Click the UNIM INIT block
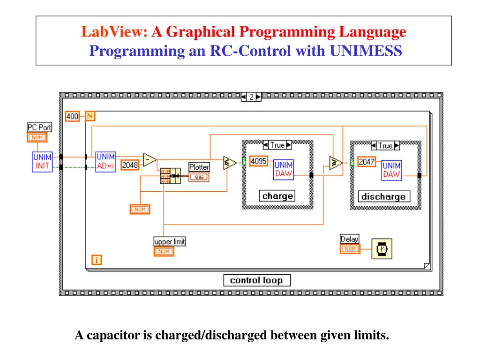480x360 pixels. pyautogui.click(x=42, y=162)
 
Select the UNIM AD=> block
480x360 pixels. pyautogui.click(x=105, y=162)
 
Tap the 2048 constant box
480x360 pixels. pyautogui.click(x=130, y=165)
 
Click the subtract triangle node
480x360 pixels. pyautogui.click(x=149, y=159)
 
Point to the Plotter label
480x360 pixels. pyautogui.click(x=199, y=167)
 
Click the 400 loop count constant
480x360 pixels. pyautogui.click(x=72, y=116)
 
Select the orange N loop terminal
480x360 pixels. pyautogui.click(x=90, y=116)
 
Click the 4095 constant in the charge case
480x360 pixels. pyautogui.click(x=259, y=161)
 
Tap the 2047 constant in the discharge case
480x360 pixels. pyautogui.click(x=367, y=162)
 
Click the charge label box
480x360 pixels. pyautogui.click(x=277, y=196)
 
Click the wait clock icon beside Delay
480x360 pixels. pyautogui.click(x=382, y=248)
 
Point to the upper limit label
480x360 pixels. pyautogui.click(x=170, y=241)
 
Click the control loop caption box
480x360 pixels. pyautogui.click(x=256, y=280)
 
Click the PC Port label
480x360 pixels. pyautogui.click(x=39, y=127)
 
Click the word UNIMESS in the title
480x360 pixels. pyautogui.click(x=366, y=50)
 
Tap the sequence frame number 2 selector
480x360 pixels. pyautogui.click(x=251, y=97)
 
